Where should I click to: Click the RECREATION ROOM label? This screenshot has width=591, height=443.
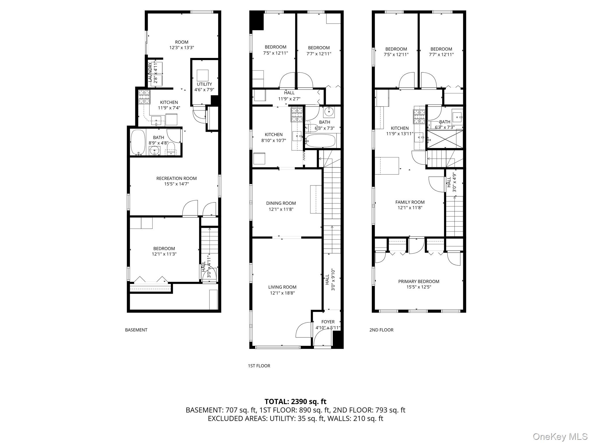point(176,179)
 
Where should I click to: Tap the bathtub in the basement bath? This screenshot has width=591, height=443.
point(138,142)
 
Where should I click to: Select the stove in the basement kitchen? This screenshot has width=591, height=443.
point(144,97)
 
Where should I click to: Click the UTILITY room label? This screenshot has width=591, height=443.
point(204,84)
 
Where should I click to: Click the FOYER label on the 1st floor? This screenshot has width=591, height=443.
point(328,322)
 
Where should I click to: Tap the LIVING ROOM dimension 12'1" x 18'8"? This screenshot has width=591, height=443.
point(282,293)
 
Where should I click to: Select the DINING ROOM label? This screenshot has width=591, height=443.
point(281,203)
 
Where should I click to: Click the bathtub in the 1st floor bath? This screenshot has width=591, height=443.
point(320,141)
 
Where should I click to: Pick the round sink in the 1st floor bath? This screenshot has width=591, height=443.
point(328,112)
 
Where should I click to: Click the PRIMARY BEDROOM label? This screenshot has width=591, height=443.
point(418,281)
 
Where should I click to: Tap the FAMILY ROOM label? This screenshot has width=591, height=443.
point(410,202)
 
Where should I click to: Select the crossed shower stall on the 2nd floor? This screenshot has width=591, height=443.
point(445,140)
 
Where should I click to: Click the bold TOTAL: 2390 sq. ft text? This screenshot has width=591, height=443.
point(295,401)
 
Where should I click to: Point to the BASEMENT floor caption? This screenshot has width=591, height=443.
point(136,330)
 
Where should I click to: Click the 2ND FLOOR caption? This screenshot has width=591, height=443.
point(381,330)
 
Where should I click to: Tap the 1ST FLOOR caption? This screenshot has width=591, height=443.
point(259,366)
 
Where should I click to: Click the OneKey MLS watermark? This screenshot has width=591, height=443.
point(560,436)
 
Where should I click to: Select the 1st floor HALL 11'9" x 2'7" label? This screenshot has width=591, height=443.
point(289,96)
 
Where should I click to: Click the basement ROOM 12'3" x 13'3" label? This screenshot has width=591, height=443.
point(182,45)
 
